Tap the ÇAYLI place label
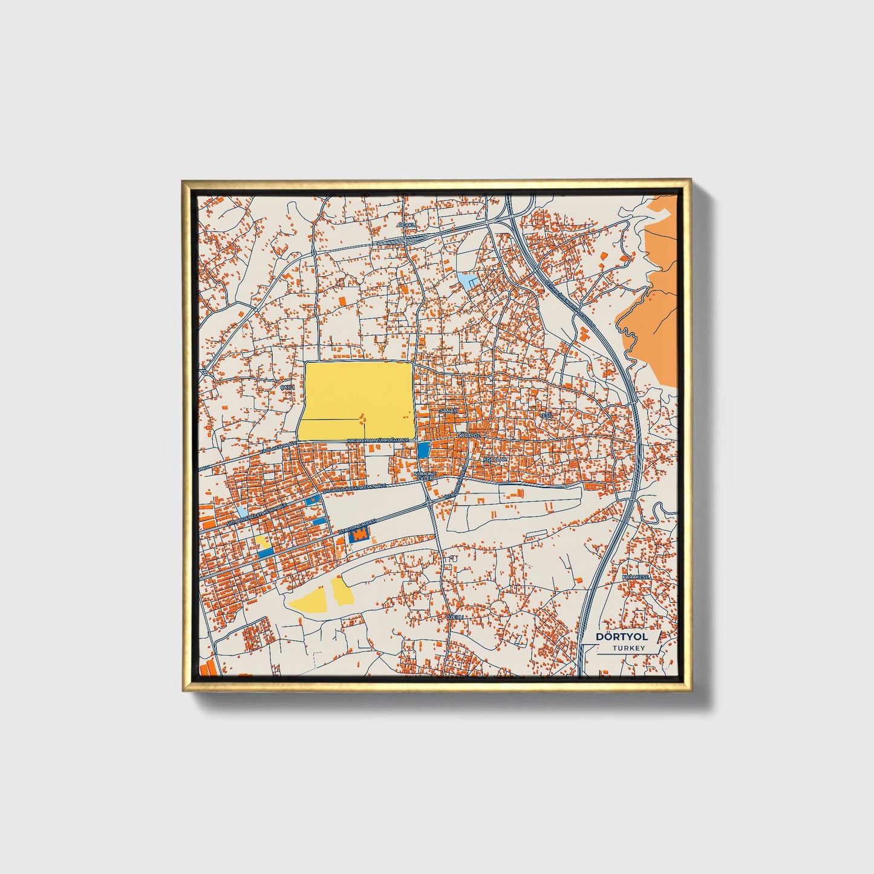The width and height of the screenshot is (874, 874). click(286, 386)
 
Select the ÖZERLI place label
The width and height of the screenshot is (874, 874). click(454, 616)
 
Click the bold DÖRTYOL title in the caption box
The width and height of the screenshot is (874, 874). click(621, 637)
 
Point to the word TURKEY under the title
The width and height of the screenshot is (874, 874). click(628, 648)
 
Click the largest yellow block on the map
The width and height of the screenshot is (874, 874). click(357, 399)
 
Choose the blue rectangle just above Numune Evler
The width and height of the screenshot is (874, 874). click(423, 449)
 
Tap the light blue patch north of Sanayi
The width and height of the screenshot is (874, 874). click(466, 279)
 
